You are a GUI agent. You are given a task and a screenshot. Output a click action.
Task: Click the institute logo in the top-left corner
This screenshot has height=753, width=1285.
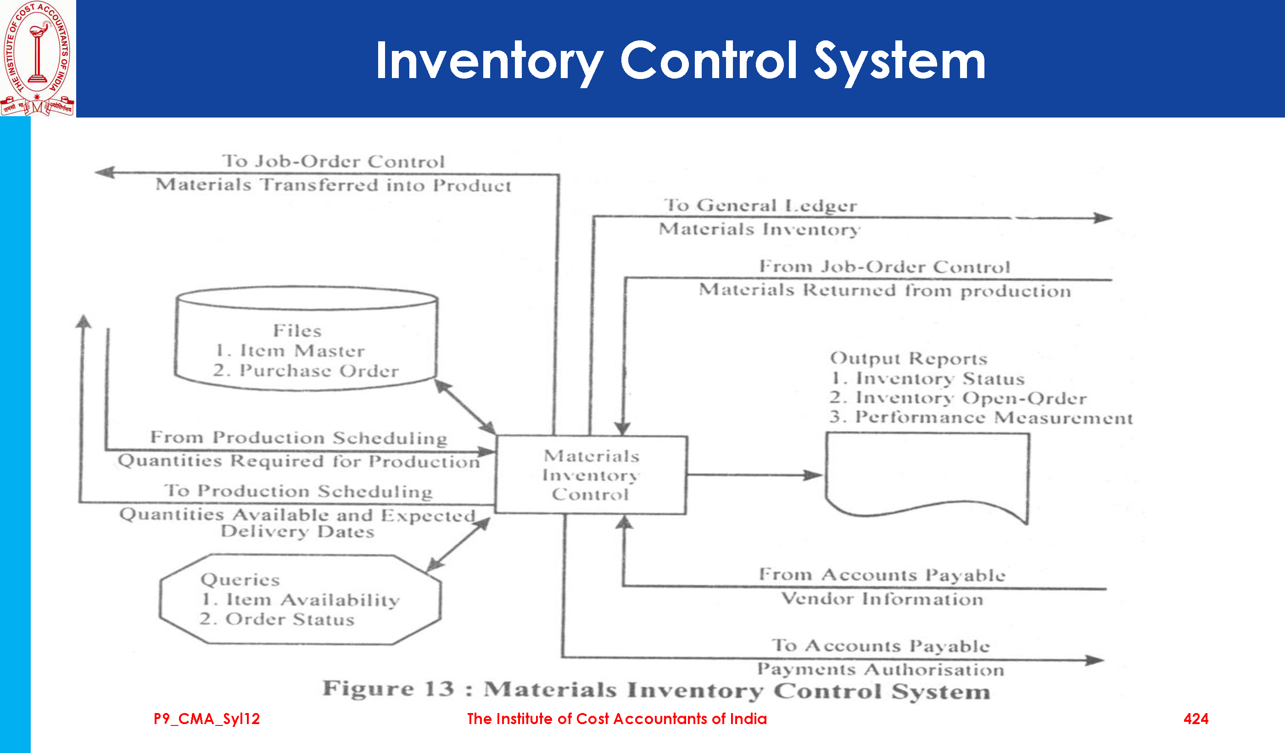click(x=38, y=58)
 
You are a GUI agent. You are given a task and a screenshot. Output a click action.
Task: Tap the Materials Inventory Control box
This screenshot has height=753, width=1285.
click(x=591, y=474)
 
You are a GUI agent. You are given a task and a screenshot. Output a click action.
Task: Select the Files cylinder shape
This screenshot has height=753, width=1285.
click(x=306, y=339)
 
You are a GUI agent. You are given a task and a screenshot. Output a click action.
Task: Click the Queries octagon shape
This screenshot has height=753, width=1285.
click(x=300, y=600)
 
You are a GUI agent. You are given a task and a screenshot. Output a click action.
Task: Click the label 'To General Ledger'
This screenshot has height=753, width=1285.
click(x=760, y=205)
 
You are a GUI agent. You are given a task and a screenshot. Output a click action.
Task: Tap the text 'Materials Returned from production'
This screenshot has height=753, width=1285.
click(x=885, y=290)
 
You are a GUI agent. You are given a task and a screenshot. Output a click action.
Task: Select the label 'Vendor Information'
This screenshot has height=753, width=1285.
click(x=882, y=598)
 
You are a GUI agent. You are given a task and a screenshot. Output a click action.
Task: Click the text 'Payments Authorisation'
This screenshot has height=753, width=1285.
click(x=881, y=669)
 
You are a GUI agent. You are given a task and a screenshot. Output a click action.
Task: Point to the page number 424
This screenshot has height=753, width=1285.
click(x=1196, y=719)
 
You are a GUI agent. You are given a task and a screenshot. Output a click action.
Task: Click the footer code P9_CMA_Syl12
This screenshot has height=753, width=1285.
click(x=207, y=719)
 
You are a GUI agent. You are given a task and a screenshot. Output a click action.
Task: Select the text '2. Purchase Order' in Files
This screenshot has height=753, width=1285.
click(x=306, y=371)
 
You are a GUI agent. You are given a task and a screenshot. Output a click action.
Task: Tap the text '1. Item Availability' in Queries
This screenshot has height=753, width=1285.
click(x=300, y=600)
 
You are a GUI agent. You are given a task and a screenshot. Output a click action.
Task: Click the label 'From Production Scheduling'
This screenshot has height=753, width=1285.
click(x=299, y=438)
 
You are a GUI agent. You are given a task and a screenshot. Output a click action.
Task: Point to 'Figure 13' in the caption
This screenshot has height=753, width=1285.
click(x=388, y=689)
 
